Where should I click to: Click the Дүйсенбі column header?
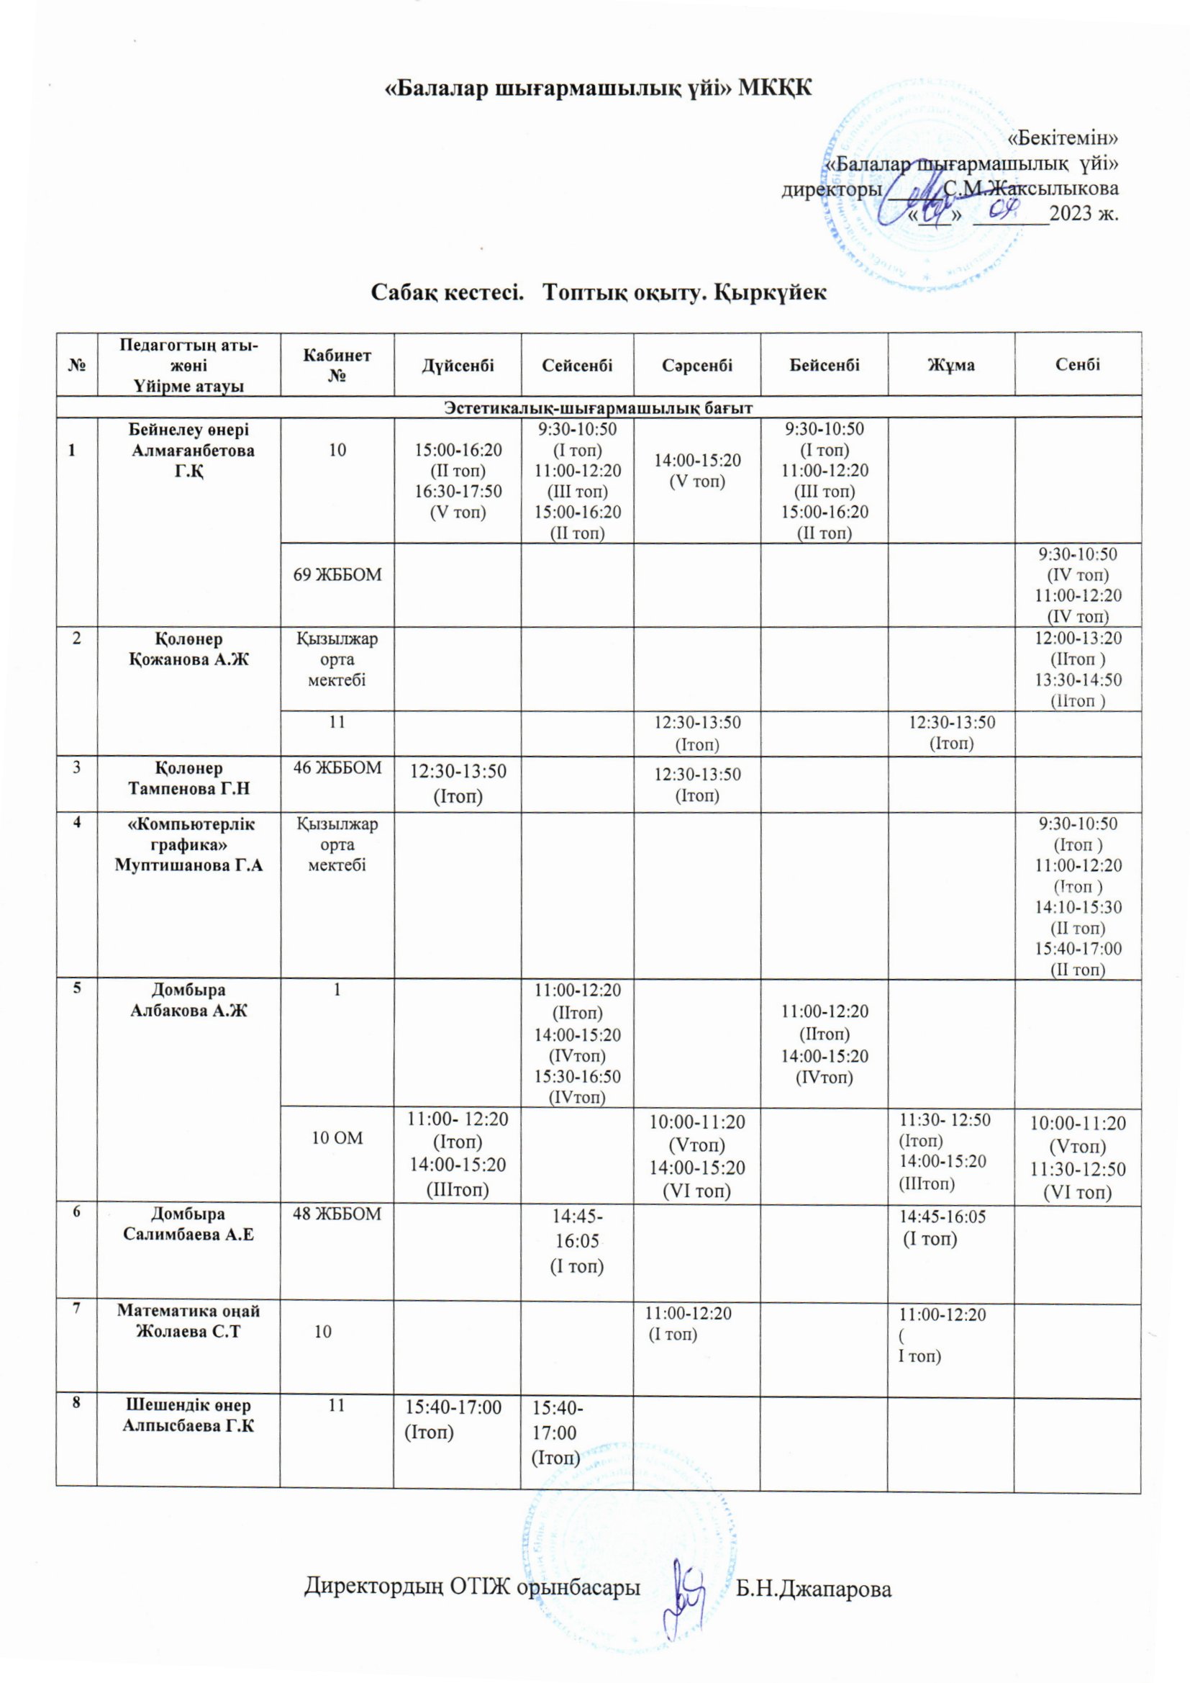click(x=458, y=364)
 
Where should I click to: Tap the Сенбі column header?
click(x=1078, y=364)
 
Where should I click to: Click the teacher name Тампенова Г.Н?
click(x=189, y=789)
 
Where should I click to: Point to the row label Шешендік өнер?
click(x=189, y=1405)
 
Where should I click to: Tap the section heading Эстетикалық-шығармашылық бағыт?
click(x=599, y=407)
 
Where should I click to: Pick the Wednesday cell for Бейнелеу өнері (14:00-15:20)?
click(x=697, y=470)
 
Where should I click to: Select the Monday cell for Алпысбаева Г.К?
click(x=453, y=1418)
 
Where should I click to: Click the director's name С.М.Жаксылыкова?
click(x=1032, y=189)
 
